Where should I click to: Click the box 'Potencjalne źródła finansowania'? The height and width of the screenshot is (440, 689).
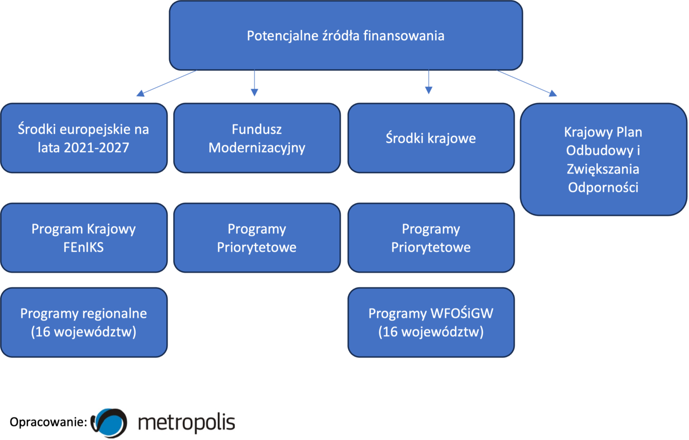pyautogui.click(x=346, y=36)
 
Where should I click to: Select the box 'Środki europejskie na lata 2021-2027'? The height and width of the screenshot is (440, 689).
pyautogui.click(x=84, y=138)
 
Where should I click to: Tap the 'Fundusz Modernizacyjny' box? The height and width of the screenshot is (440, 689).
pyautogui.click(x=257, y=138)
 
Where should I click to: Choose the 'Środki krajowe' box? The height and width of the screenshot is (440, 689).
pyautogui.click(x=431, y=138)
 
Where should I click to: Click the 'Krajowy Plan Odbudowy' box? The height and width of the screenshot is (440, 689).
pyautogui.click(x=603, y=159)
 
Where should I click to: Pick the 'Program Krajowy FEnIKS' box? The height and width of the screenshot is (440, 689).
pyautogui.click(x=84, y=238)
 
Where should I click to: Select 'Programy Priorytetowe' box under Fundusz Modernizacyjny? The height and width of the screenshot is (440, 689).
pyautogui.click(x=257, y=238)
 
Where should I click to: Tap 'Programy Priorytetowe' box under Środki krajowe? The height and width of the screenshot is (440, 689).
pyautogui.click(x=431, y=238)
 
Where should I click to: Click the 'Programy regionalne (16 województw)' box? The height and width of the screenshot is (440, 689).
pyautogui.click(x=84, y=322)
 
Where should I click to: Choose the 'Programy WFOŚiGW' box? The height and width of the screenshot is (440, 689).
pyautogui.click(x=431, y=322)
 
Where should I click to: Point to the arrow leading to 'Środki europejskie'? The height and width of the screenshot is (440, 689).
pyautogui.click(x=166, y=83)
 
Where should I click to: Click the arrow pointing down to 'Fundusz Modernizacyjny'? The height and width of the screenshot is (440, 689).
pyautogui.click(x=254, y=84)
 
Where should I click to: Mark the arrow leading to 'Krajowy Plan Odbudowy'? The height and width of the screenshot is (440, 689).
pyautogui.click(x=528, y=83)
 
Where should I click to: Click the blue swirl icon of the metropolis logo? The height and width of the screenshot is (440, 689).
pyautogui.click(x=110, y=423)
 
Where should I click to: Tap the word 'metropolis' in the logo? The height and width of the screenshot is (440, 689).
pyautogui.click(x=186, y=422)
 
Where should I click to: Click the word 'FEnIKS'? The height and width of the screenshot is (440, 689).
pyautogui.click(x=84, y=248)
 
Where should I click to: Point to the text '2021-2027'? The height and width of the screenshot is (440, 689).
pyautogui.click(x=96, y=148)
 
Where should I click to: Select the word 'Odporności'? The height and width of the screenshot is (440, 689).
pyautogui.click(x=603, y=188)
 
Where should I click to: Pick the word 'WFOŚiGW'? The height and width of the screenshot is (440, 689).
pyautogui.click(x=462, y=313)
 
